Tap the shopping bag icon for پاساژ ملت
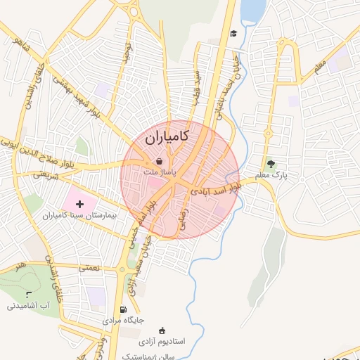(160, 161)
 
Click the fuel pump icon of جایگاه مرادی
(124, 309)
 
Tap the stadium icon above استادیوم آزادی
(163, 330)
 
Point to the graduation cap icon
(233, 33)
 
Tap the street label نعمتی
(91, 268)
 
